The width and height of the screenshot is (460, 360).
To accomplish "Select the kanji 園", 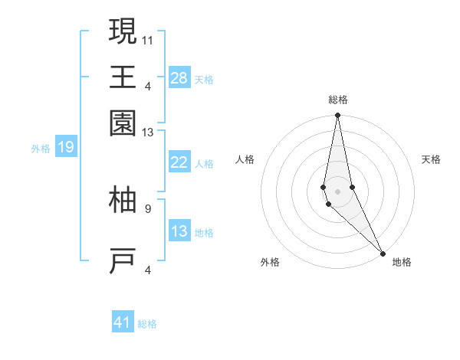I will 123,122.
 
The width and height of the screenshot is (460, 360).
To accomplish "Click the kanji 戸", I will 123,261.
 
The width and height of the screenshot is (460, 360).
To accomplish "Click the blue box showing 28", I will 179,78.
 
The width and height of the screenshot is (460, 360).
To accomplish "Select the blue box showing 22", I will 179,162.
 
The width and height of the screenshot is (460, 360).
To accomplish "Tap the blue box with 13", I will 179,231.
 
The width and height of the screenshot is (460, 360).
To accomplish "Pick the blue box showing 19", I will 65,147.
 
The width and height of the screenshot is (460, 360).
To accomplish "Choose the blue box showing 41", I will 123,322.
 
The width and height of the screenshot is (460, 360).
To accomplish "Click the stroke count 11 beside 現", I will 148,38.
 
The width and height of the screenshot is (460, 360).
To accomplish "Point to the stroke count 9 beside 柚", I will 148,208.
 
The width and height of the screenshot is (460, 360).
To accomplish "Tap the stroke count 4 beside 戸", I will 148,270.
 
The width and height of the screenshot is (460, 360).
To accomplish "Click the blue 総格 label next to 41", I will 147,324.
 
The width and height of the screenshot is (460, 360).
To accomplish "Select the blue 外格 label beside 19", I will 41,149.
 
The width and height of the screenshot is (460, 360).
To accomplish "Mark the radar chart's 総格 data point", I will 337,116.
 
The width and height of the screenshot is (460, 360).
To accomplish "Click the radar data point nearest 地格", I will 383,254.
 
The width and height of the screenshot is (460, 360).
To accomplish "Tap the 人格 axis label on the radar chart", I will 245,159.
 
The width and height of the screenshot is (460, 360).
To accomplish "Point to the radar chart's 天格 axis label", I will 431,159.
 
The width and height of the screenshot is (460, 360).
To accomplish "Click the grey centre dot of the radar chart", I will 337,191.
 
